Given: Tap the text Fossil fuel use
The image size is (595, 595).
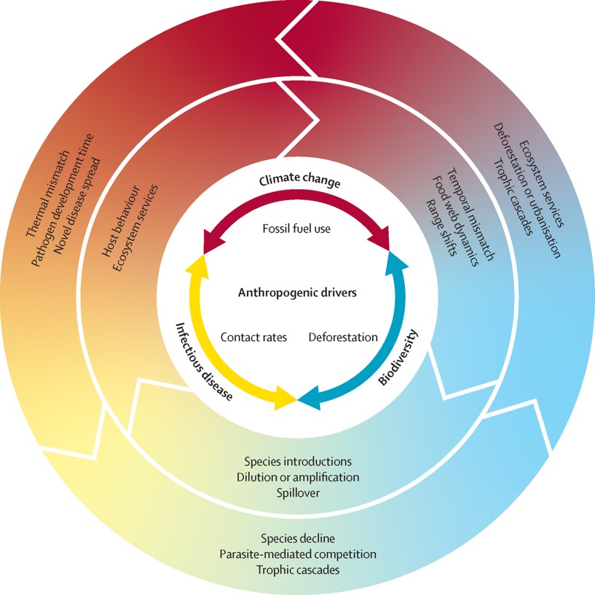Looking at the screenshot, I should [x=296, y=228].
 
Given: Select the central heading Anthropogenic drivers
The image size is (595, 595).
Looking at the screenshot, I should [x=296, y=293].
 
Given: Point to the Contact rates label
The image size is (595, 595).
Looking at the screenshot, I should [x=253, y=338].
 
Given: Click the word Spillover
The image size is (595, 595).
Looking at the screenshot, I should [x=297, y=493].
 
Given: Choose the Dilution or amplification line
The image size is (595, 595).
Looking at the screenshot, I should [x=297, y=478].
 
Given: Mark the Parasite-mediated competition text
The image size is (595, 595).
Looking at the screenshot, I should [x=297, y=554].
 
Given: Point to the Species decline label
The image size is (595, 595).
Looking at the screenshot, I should [x=297, y=539].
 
